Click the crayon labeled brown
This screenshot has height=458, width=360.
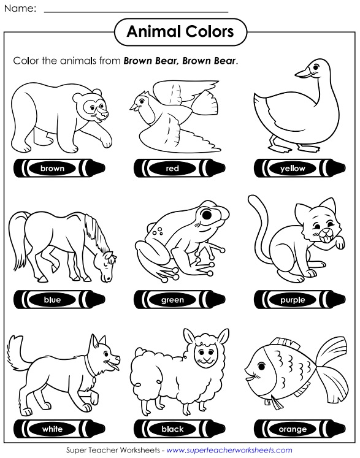pos(53,167)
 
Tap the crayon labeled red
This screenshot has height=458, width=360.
pos(173,167)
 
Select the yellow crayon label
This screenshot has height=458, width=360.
pos(293,167)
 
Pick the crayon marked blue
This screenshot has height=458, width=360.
pos(53,300)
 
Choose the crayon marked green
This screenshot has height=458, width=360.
pos(173,300)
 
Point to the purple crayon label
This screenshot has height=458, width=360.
pos(293,300)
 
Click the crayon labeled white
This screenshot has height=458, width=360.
pos(53,429)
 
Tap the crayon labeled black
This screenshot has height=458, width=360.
pos(173,429)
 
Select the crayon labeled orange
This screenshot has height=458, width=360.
pos(293,429)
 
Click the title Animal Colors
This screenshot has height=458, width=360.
pos(180,31)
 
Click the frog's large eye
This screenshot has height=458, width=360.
pos(211,216)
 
